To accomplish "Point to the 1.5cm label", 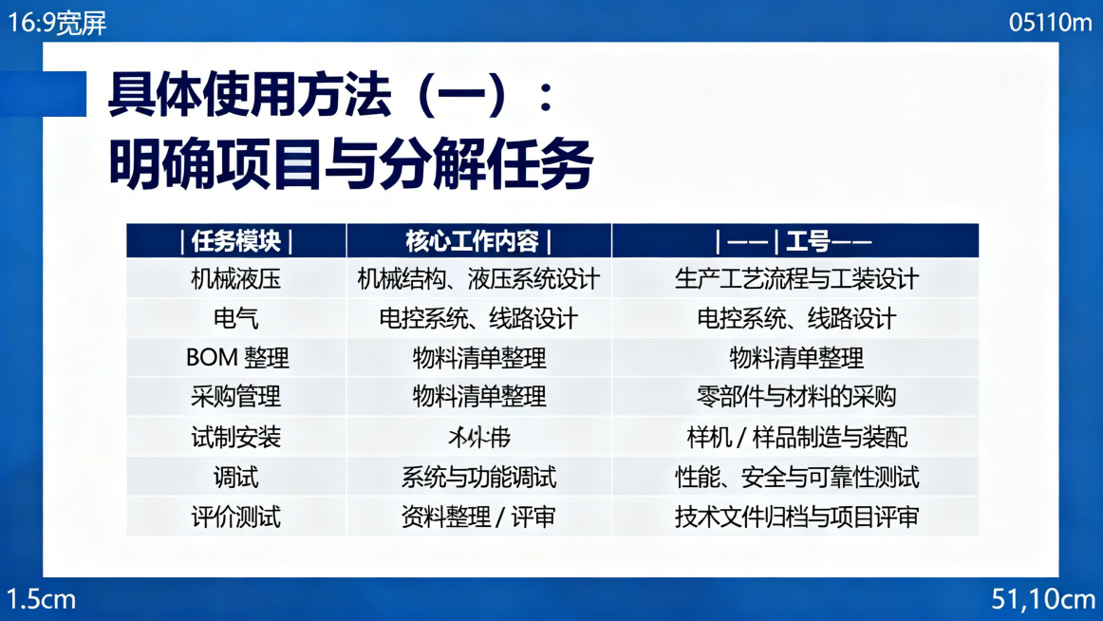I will [41, 599].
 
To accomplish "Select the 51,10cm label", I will [1043, 599].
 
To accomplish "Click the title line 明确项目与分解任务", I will [350, 162].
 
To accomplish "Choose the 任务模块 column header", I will [235, 241].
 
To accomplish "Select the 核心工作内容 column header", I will [478, 241].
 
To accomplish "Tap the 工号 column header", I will [795, 241].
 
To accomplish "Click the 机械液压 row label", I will [235, 279].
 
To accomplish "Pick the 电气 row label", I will [235, 318].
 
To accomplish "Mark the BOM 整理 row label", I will [237, 358].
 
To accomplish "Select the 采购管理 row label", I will [235, 396].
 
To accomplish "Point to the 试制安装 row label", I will [235, 437].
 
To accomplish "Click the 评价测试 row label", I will [235, 517].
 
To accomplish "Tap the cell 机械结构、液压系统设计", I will [478, 279].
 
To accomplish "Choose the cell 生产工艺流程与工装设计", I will [795, 279].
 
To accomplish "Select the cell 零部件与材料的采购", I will [795, 396].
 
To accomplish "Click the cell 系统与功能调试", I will [478, 477].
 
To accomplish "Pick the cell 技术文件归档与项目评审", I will [795, 517].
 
